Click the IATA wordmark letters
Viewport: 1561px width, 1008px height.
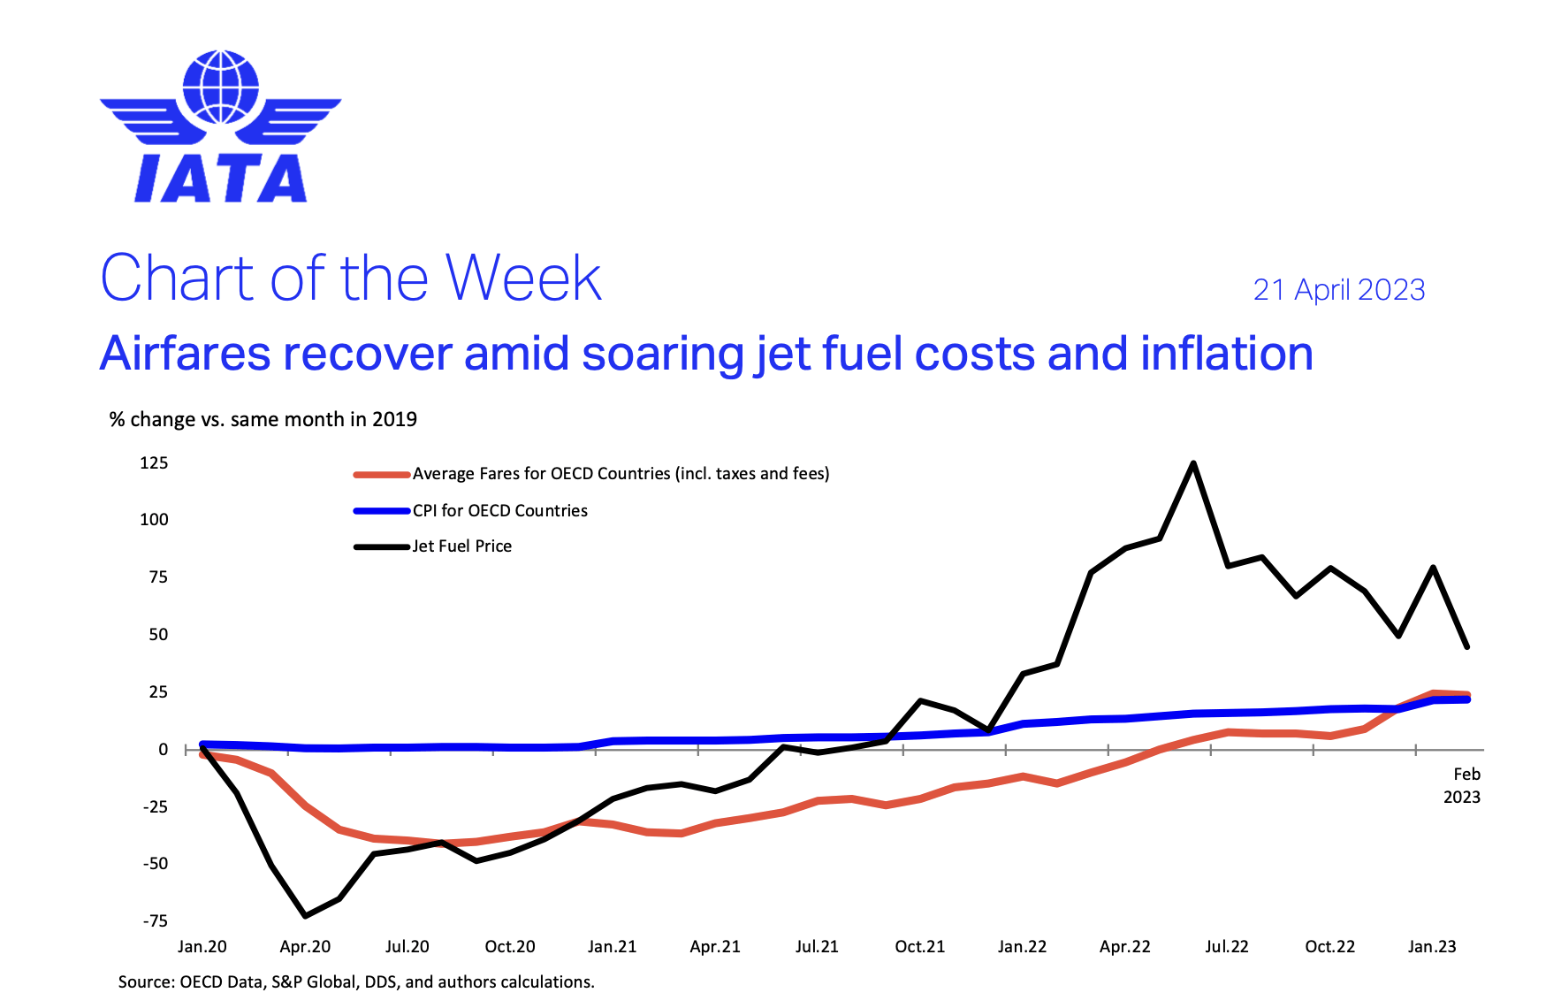(x=220, y=179)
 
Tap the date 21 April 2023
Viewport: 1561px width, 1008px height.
(x=1338, y=290)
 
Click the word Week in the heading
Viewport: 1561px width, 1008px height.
(x=522, y=279)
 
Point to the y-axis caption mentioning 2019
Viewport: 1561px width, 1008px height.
(x=263, y=419)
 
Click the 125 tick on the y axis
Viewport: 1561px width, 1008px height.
(x=154, y=463)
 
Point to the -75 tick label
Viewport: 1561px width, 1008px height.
(x=155, y=920)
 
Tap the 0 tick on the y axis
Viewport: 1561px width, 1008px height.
(x=163, y=750)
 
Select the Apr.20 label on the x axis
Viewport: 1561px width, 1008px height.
(x=305, y=947)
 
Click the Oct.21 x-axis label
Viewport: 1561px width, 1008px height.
(x=919, y=947)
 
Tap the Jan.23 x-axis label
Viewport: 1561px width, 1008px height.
(x=1431, y=947)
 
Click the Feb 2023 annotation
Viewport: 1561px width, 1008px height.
(x=1462, y=785)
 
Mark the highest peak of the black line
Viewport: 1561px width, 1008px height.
(x=1193, y=463)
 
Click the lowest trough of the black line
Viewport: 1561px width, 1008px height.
(x=305, y=915)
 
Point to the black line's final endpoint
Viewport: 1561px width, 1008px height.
(x=1467, y=647)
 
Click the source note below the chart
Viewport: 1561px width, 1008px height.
(x=356, y=982)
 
